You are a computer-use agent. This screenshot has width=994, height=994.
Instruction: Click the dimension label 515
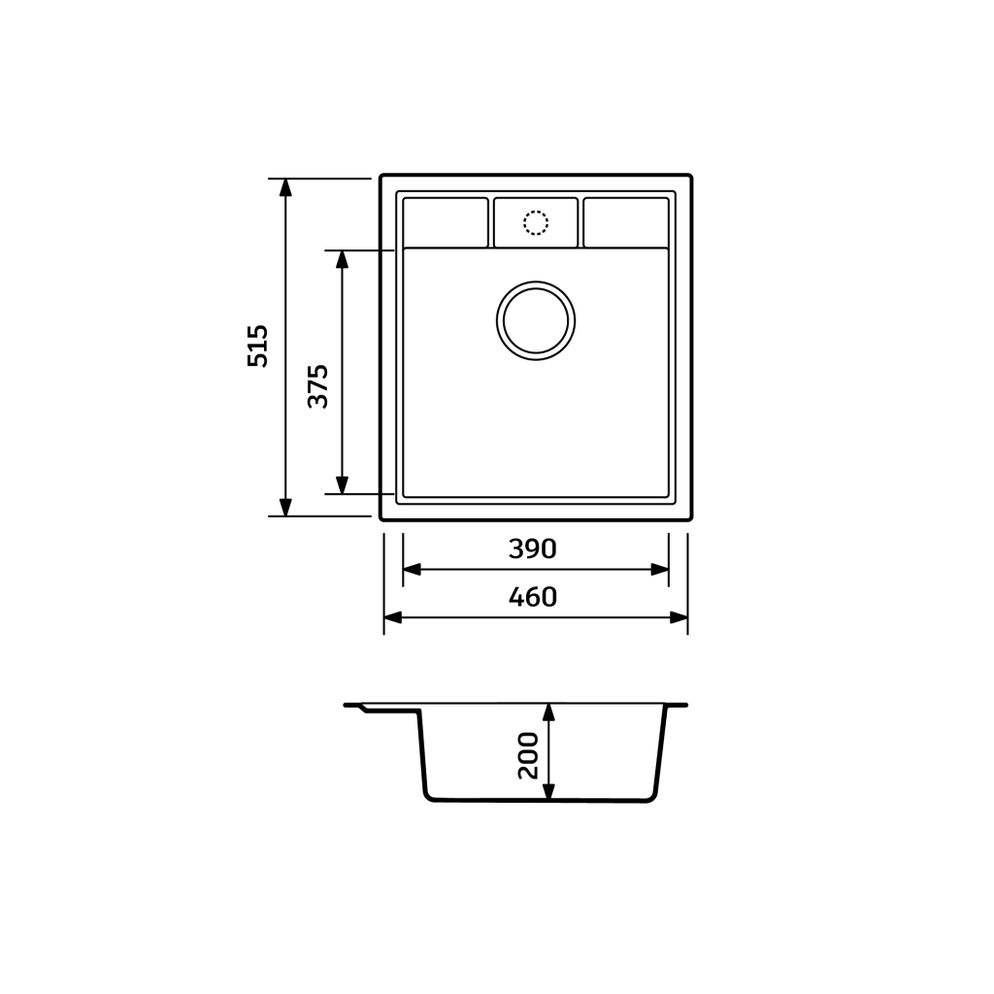[258, 346]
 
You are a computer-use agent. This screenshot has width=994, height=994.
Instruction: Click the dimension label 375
[318, 385]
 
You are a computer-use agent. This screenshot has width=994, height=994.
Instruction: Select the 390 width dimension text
[533, 549]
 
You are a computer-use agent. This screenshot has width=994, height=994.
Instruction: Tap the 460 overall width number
[533, 597]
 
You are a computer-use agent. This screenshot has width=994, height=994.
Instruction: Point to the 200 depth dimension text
[528, 755]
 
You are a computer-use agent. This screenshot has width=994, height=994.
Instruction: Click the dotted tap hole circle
[536, 222]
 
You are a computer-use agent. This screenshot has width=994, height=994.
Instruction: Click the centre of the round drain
[536, 320]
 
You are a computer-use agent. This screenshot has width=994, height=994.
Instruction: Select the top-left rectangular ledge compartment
[446, 222]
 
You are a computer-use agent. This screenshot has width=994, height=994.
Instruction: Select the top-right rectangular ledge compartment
[626, 222]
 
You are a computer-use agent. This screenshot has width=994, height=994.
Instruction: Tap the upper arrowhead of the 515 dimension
[285, 187]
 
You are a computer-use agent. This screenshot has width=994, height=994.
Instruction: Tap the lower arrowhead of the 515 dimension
[285, 507]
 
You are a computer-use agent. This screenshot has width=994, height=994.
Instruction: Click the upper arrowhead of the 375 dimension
[342, 259]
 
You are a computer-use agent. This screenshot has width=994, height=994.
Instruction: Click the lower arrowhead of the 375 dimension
[342, 485]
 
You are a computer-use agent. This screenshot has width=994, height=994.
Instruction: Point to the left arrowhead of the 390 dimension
[412, 570]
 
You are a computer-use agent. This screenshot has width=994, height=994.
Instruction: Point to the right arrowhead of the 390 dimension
[660, 570]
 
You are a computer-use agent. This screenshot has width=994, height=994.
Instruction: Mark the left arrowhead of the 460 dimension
[393, 617]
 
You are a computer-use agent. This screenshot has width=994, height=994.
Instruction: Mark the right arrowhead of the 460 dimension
[679, 617]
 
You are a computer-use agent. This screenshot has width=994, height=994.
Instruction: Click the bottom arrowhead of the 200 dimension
[548, 792]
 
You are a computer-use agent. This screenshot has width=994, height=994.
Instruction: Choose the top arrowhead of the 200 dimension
[548, 712]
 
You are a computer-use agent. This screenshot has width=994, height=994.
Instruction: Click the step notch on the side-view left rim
[365, 709]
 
